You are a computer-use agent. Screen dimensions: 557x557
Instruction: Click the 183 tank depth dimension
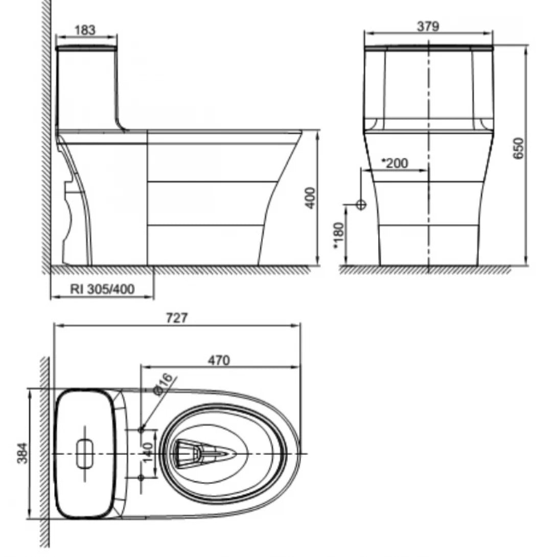click(85, 30)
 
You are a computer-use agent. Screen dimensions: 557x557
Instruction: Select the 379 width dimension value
click(428, 27)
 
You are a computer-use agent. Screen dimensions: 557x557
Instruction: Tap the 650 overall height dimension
click(518, 149)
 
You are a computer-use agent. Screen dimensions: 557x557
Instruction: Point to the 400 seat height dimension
click(310, 198)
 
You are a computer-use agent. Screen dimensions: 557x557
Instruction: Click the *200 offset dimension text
click(396, 164)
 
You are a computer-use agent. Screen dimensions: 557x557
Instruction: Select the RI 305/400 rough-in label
click(102, 289)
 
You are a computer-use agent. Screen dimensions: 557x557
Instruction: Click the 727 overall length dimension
click(177, 318)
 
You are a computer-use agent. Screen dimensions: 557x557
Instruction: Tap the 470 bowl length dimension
click(219, 360)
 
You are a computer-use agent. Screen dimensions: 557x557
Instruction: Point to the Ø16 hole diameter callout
click(164, 384)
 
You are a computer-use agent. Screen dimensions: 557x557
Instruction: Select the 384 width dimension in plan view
click(22, 453)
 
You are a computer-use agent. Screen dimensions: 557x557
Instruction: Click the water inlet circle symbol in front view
click(361, 204)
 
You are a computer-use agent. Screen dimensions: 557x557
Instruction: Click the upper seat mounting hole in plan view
click(142, 430)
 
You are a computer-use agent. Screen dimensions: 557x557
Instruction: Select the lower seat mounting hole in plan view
click(142, 477)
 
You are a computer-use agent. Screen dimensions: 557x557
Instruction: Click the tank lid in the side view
click(86, 49)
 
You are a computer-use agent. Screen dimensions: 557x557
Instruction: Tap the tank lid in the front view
click(428, 49)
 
